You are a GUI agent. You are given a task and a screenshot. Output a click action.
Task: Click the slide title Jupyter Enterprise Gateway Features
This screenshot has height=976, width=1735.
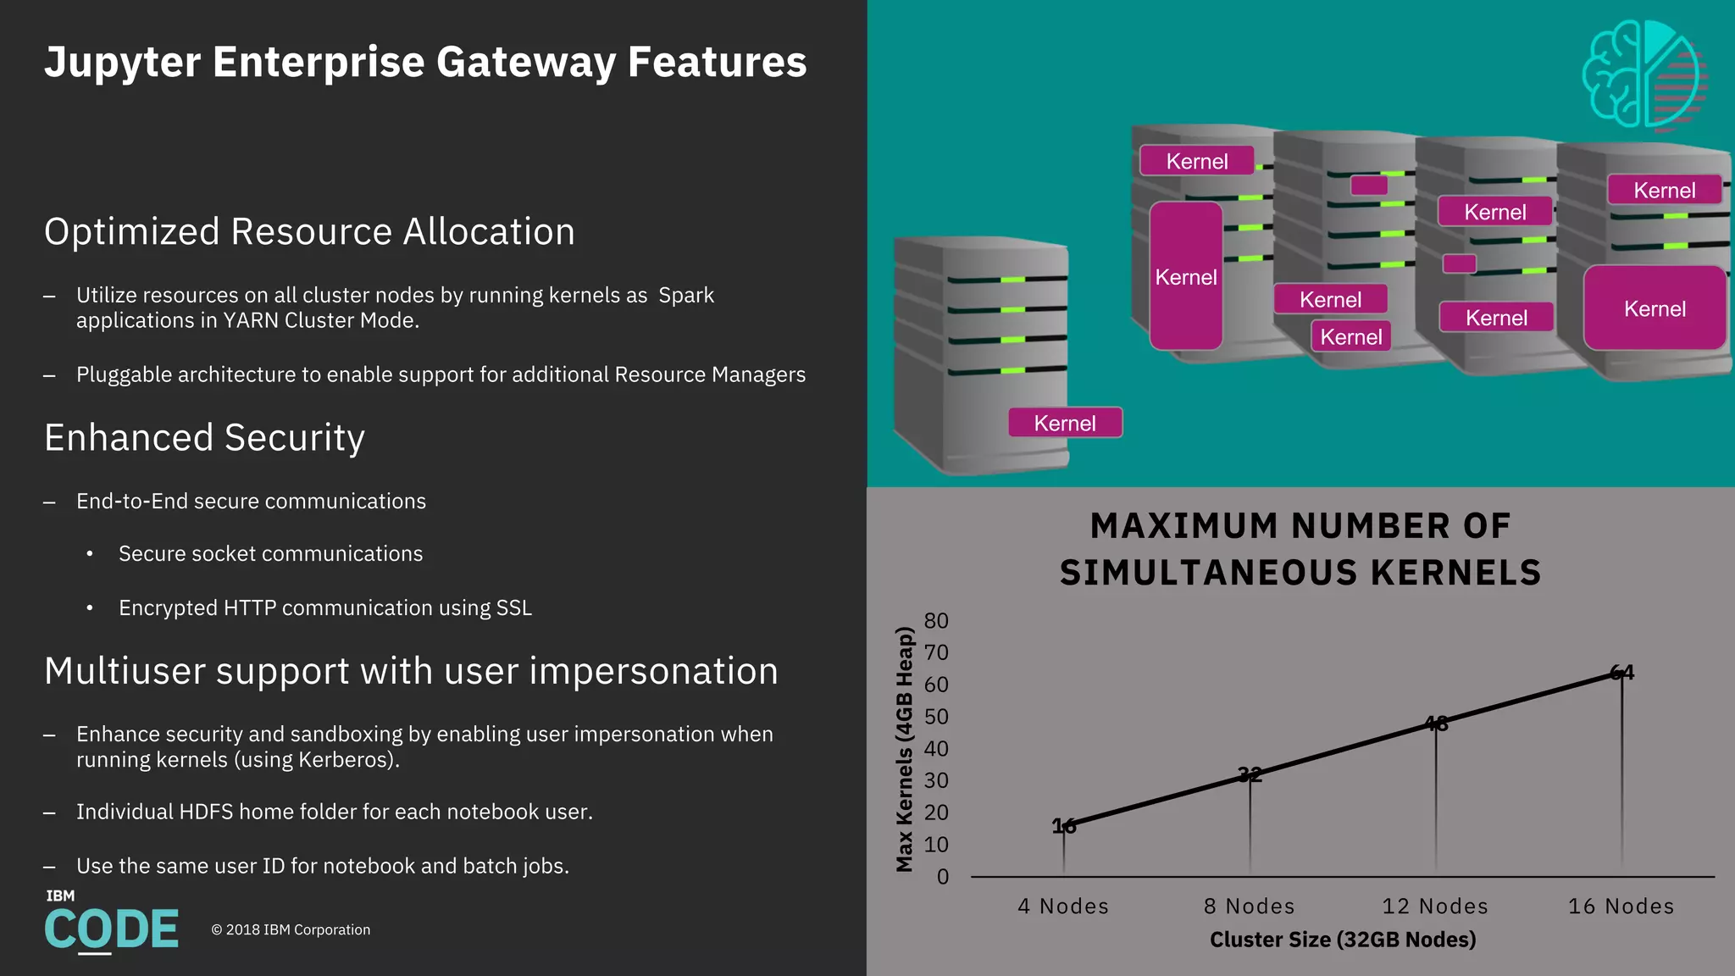tap(425, 62)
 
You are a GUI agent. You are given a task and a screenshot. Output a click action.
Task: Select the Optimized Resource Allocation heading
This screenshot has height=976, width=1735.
tap(309, 231)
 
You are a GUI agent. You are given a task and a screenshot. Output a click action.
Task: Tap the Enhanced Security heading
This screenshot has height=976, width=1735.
tap(204, 438)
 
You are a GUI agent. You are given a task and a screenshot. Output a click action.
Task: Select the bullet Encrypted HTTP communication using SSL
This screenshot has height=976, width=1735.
tap(325, 608)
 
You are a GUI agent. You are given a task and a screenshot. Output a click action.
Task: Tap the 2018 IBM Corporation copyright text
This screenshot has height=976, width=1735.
tap(291, 930)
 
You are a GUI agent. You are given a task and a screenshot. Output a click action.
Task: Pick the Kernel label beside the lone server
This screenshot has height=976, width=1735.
tap(1065, 423)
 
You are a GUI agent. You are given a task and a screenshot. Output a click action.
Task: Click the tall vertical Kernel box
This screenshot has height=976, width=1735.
tap(1185, 276)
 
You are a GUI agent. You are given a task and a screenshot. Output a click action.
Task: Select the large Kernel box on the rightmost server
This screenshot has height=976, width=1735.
tap(1655, 308)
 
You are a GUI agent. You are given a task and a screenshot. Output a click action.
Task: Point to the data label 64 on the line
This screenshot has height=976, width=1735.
tap(1621, 673)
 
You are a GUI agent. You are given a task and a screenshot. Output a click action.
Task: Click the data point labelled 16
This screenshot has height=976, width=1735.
tap(1064, 826)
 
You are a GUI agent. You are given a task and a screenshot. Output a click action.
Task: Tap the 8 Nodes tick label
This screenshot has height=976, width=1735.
tap(1250, 907)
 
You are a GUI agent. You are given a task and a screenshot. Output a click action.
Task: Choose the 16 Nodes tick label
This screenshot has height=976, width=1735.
tap(1621, 907)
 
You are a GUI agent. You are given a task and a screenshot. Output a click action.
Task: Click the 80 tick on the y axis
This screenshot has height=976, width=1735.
tap(936, 621)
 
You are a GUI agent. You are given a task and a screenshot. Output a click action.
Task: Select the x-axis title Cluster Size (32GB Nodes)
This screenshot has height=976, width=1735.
tap(1343, 940)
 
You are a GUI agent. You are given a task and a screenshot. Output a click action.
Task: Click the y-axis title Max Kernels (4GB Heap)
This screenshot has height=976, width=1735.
tap(905, 749)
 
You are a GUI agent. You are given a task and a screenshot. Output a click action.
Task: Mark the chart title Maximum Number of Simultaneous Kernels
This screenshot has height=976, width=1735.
tap(1300, 549)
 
